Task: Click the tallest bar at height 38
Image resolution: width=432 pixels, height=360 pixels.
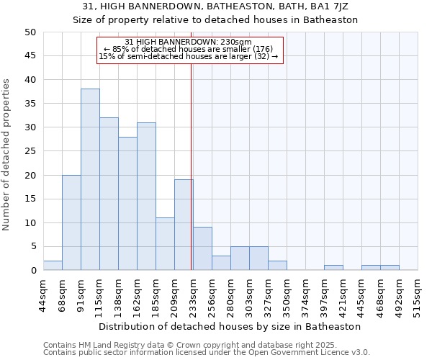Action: [x=90, y=180]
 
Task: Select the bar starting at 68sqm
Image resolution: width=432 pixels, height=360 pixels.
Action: [x=71, y=222]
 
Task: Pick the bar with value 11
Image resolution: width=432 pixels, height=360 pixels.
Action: [x=165, y=244]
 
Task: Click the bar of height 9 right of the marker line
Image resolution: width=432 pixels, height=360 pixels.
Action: [x=202, y=249]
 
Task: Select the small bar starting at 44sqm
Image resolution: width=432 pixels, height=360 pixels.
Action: [x=53, y=266]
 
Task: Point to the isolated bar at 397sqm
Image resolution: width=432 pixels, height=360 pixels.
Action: [x=333, y=268]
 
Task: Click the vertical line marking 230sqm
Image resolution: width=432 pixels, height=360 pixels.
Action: [x=191, y=144]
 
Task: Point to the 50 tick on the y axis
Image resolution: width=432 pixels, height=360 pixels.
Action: [x=30, y=32]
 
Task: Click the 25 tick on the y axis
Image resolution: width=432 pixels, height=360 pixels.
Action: [x=30, y=151]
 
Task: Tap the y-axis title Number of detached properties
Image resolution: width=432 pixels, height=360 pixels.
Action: [x=7, y=155]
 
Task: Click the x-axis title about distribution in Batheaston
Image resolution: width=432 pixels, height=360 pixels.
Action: [x=230, y=326]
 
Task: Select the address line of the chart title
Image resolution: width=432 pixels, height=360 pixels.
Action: [x=215, y=6]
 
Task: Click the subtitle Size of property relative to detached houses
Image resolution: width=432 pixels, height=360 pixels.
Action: [x=215, y=19]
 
